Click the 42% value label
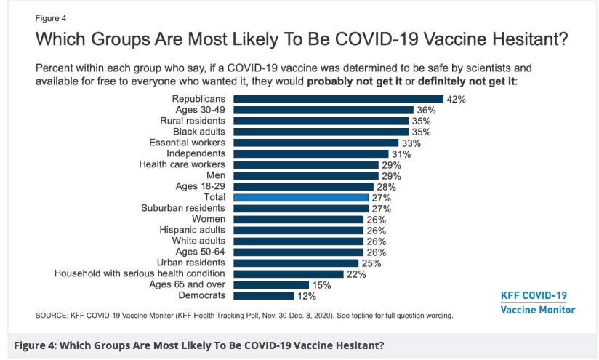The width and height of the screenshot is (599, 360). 456,99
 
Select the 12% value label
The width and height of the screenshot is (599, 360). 305,296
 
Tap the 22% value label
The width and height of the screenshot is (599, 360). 355,274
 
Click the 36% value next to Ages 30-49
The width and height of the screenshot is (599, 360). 426,110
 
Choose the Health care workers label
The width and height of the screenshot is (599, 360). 182,164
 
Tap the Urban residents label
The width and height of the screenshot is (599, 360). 190,263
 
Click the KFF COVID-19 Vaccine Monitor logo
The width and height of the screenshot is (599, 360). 538,303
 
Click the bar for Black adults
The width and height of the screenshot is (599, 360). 322,132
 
